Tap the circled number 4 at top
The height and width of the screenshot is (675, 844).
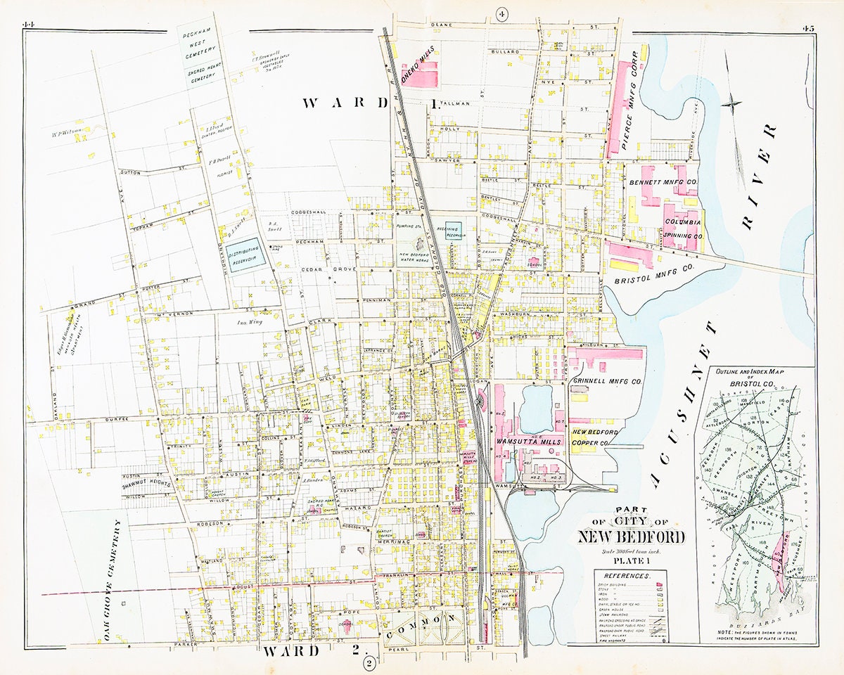[501, 14]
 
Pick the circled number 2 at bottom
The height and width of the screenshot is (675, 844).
[368, 662]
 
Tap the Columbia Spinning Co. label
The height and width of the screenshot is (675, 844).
[683, 229]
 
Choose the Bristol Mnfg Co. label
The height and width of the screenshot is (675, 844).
[653, 274]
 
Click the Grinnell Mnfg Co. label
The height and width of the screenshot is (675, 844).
[607, 382]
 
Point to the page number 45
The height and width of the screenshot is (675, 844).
[807, 28]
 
